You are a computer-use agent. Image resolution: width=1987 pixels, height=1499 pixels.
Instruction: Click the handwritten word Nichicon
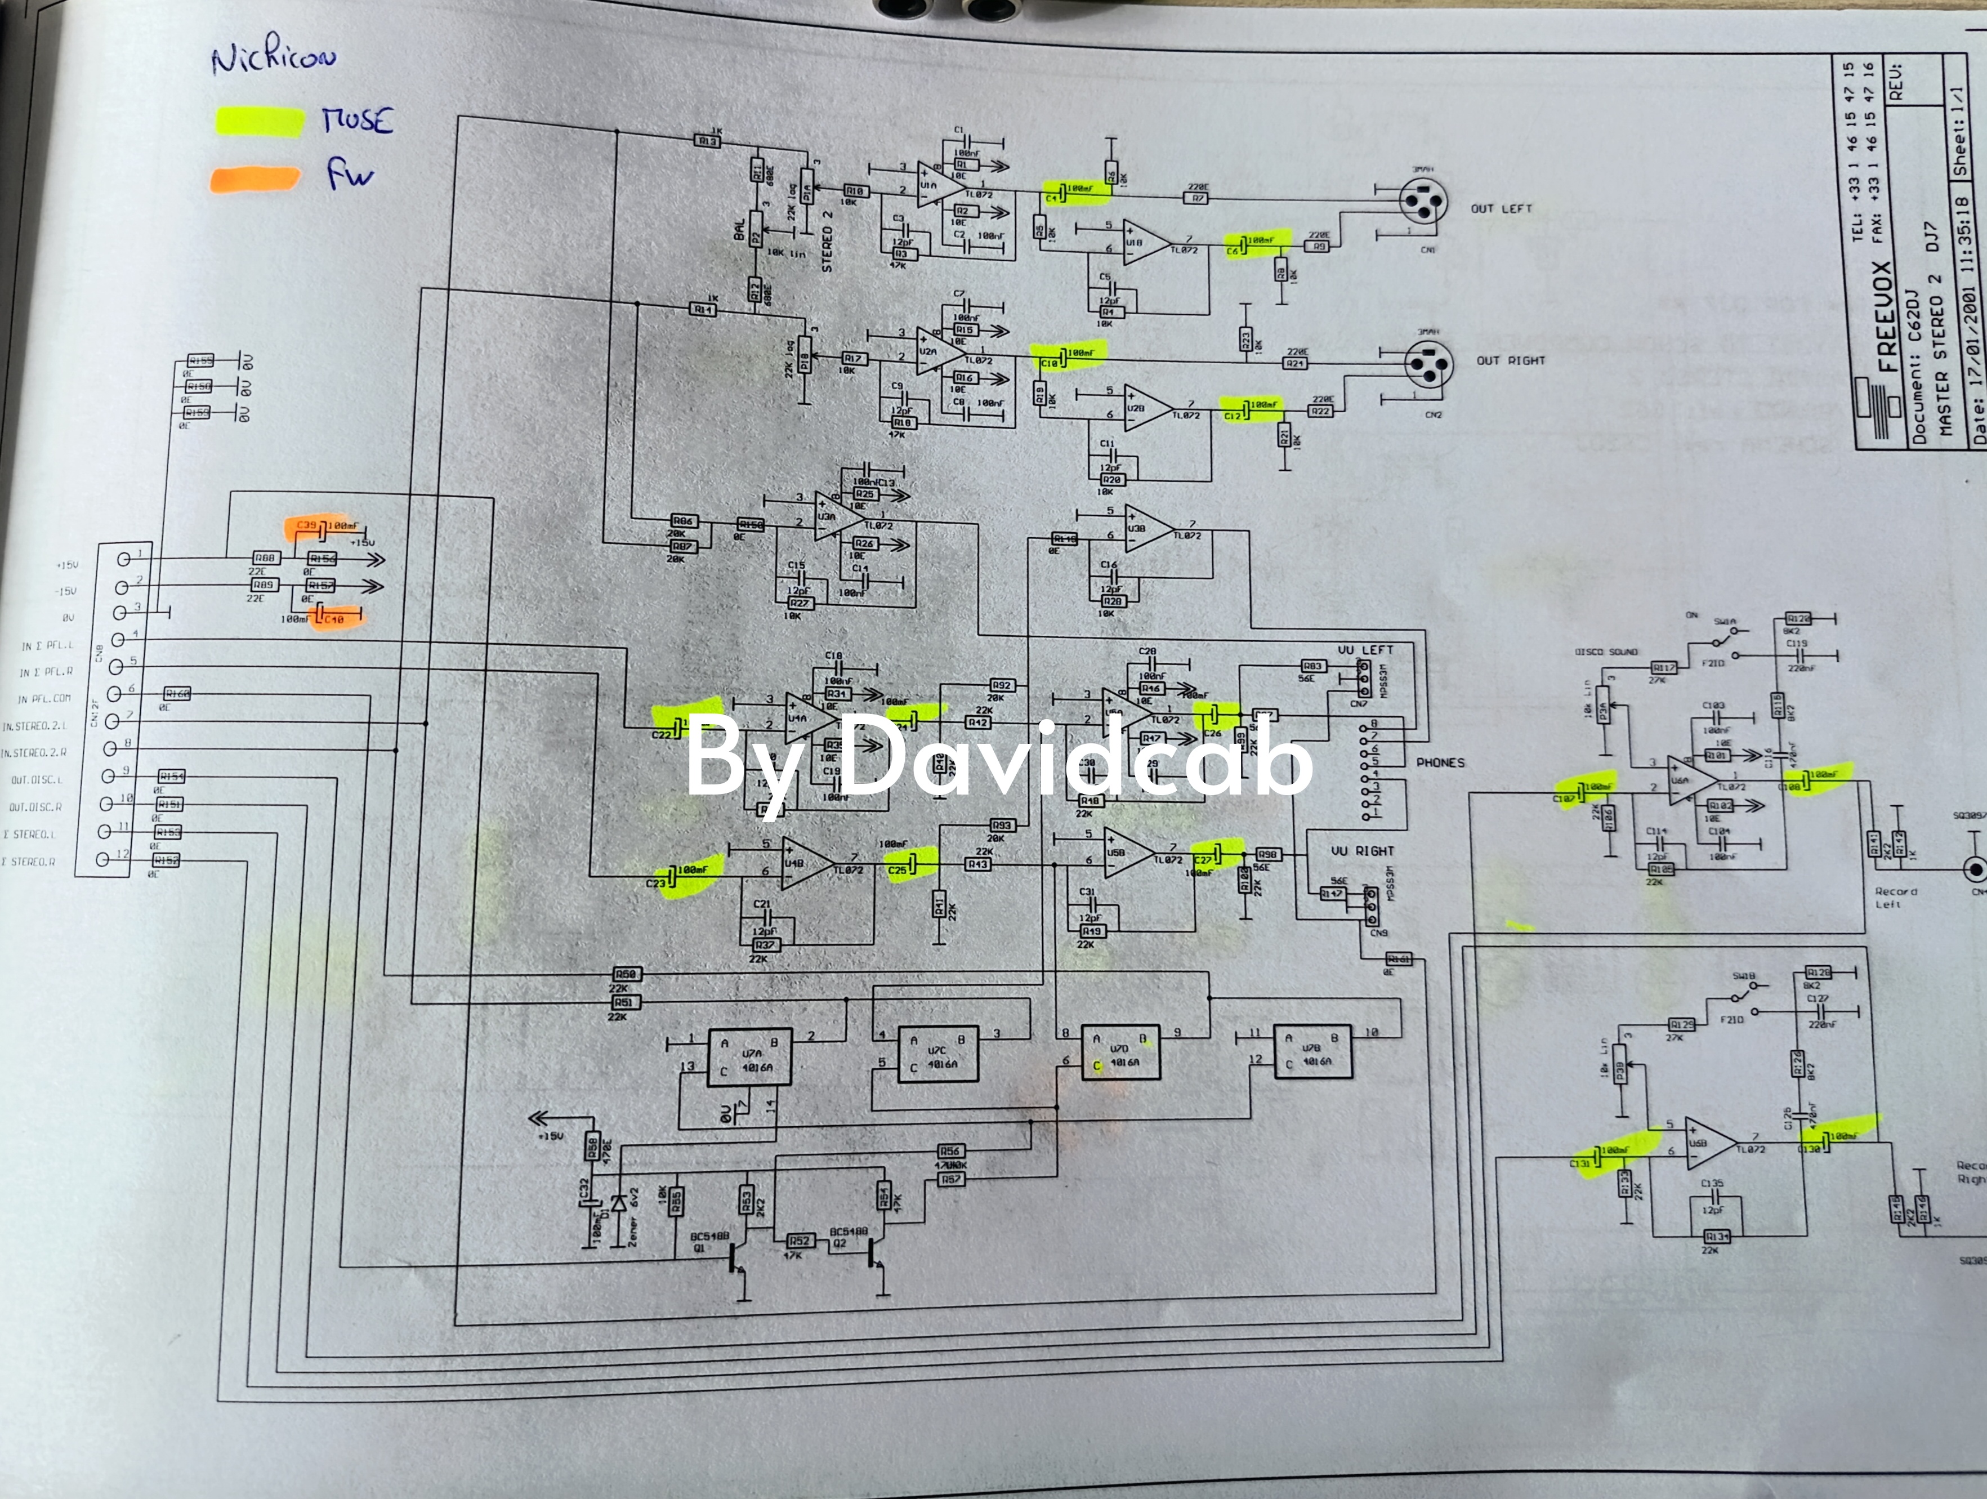click(x=274, y=59)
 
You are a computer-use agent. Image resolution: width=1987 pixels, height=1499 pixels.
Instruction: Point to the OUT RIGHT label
click(x=1510, y=360)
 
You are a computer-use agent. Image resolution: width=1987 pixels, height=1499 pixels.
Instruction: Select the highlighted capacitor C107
click(x=1586, y=791)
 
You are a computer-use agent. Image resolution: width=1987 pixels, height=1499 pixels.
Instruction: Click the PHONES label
click(x=1440, y=762)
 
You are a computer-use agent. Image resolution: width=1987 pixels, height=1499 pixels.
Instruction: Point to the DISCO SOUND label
click(x=1606, y=652)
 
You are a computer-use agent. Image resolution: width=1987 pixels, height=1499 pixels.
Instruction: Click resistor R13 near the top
click(x=707, y=141)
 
